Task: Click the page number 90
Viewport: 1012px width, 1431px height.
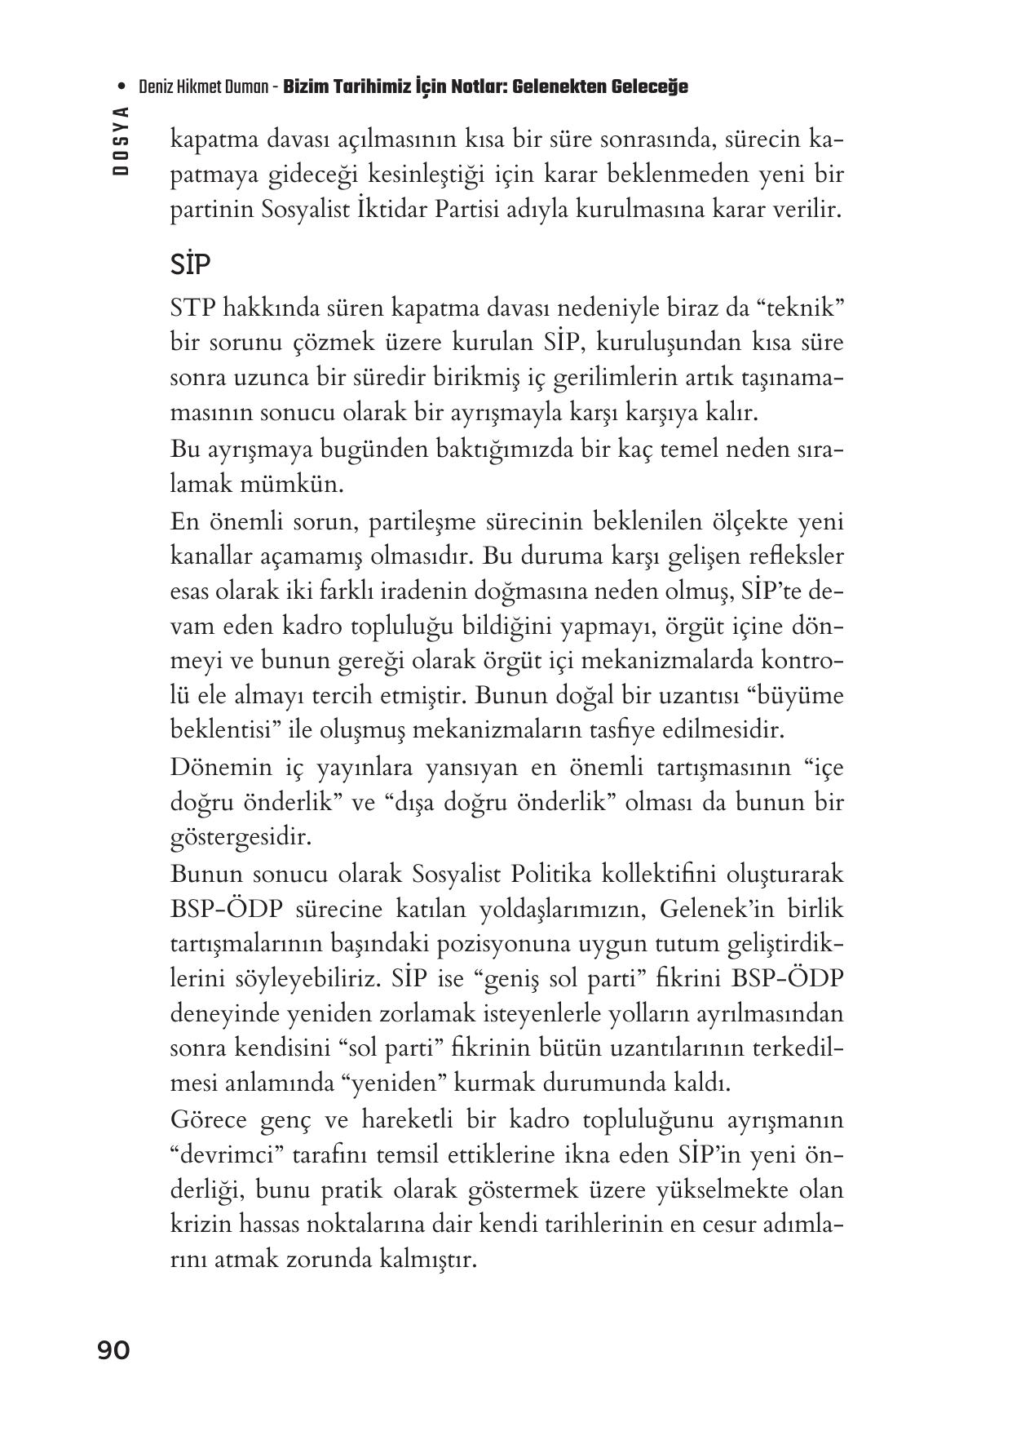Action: tap(113, 1350)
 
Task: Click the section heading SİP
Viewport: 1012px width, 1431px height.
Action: tap(191, 265)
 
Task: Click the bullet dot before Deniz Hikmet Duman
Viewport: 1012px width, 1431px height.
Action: tap(122, 87)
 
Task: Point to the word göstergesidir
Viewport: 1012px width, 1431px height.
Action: tap(241, 837)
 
